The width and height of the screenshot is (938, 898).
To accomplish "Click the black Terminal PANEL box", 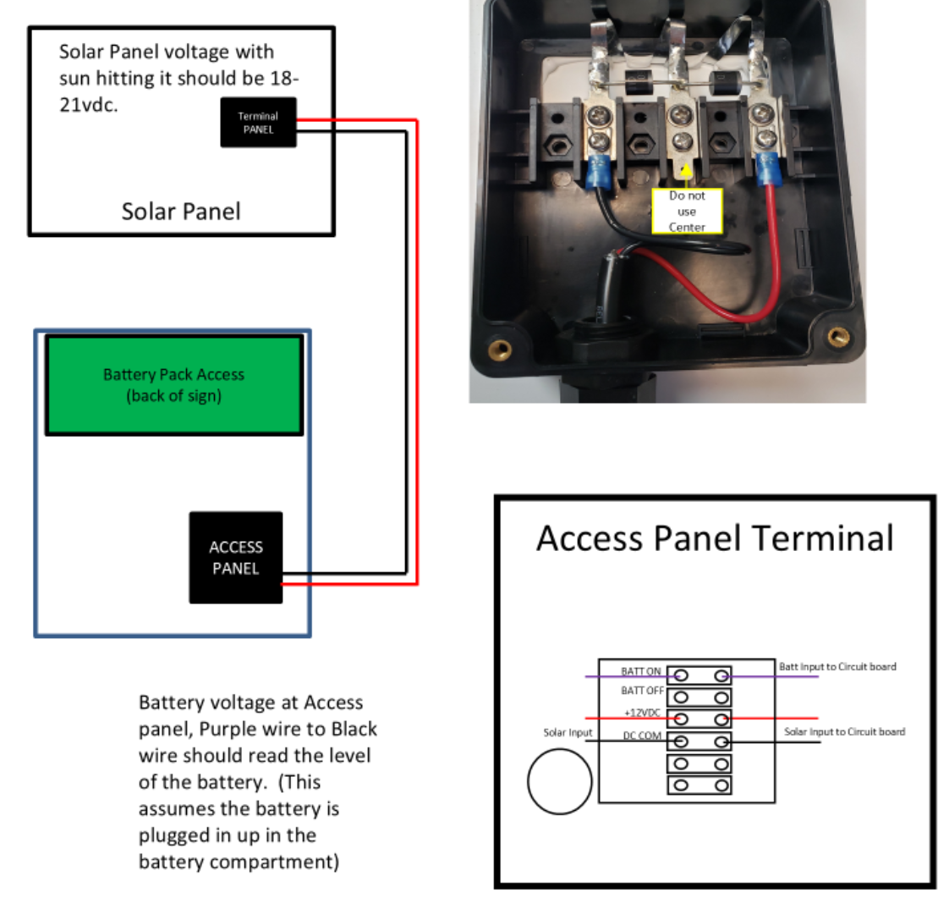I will click(x=258, y=123).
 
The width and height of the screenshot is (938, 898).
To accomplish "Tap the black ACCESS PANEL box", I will click(x=235, y=558).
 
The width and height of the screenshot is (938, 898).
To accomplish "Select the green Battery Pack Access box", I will click(x=173, y=385).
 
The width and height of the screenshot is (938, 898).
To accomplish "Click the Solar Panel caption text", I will click(x=181, y=211).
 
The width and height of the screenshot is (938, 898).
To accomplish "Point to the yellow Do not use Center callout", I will click(x=686, y=211).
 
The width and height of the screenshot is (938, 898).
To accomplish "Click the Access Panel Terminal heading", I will click(x=715, y=538).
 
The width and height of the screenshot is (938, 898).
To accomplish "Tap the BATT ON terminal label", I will click(x=640, y=671).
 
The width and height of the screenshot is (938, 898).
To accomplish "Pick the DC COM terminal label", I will click(x=643, y=735).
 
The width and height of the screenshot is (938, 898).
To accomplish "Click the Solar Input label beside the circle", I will click(x=568, y=732).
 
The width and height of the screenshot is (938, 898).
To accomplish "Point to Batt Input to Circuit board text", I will click(x=837, y=667).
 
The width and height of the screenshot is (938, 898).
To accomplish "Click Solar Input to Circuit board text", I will click(x=844, y=731).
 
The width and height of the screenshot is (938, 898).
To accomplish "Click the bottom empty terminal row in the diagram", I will click(x=699, y=785).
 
